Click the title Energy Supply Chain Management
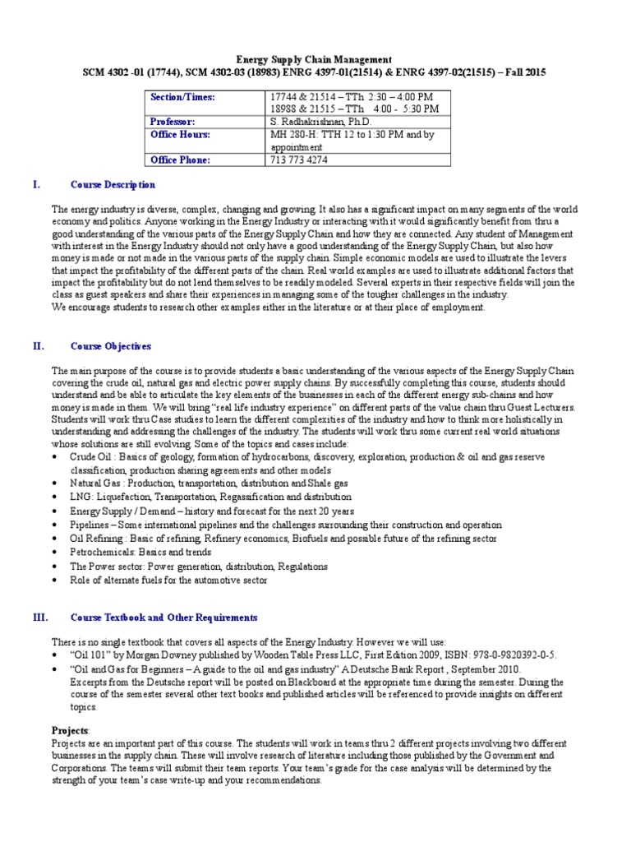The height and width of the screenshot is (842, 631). [315, 60]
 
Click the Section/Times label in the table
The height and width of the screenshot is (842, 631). [182, 97]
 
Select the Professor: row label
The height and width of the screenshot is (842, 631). [173, 121]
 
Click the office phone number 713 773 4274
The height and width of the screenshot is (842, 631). [298, 160]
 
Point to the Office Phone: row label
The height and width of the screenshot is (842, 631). [180, 160]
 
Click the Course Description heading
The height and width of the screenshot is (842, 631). [113, 185]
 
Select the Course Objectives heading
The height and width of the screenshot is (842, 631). [110, 346]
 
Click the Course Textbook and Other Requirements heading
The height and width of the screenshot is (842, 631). [164, 617]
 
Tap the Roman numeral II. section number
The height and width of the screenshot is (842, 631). [38, 346]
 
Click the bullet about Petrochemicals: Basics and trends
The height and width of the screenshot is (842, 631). [143, 553]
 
